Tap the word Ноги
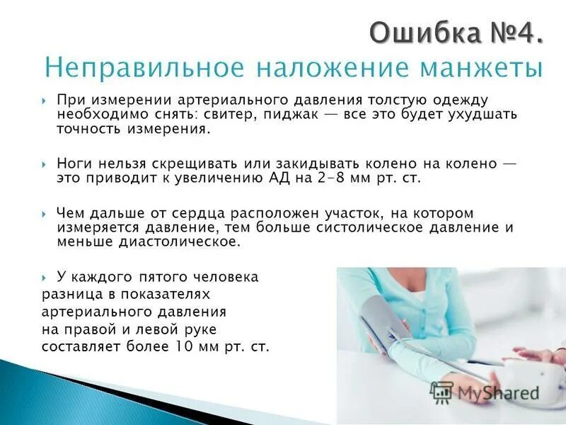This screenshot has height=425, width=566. click(x=73, y=164)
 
